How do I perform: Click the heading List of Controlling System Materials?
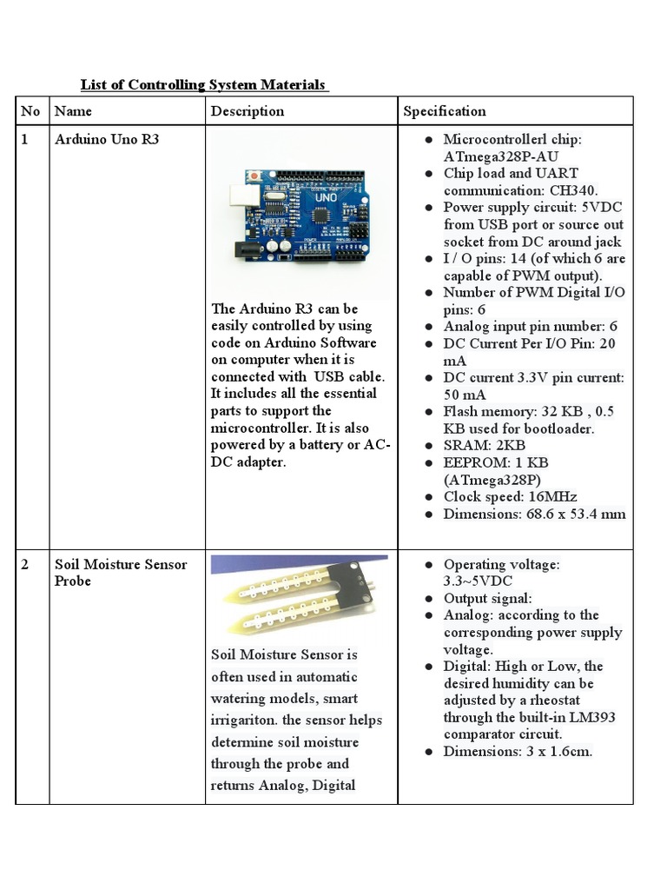[x=203, y=84]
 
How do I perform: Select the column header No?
[x=30, y=111]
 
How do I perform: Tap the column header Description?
[x=248, y=111]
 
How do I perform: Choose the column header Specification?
[x=444, y=111]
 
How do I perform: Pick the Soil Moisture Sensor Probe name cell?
[x=120, y=573]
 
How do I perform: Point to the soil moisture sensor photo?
[x=301, y=596]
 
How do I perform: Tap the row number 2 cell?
[x=26, y=565]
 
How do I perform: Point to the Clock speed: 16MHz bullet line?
[x=510, y=497]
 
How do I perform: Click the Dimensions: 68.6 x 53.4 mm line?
[x=533, y=514]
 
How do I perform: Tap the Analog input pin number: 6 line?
[x=530, y=327]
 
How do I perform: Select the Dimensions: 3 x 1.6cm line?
[x=518, y=751]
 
